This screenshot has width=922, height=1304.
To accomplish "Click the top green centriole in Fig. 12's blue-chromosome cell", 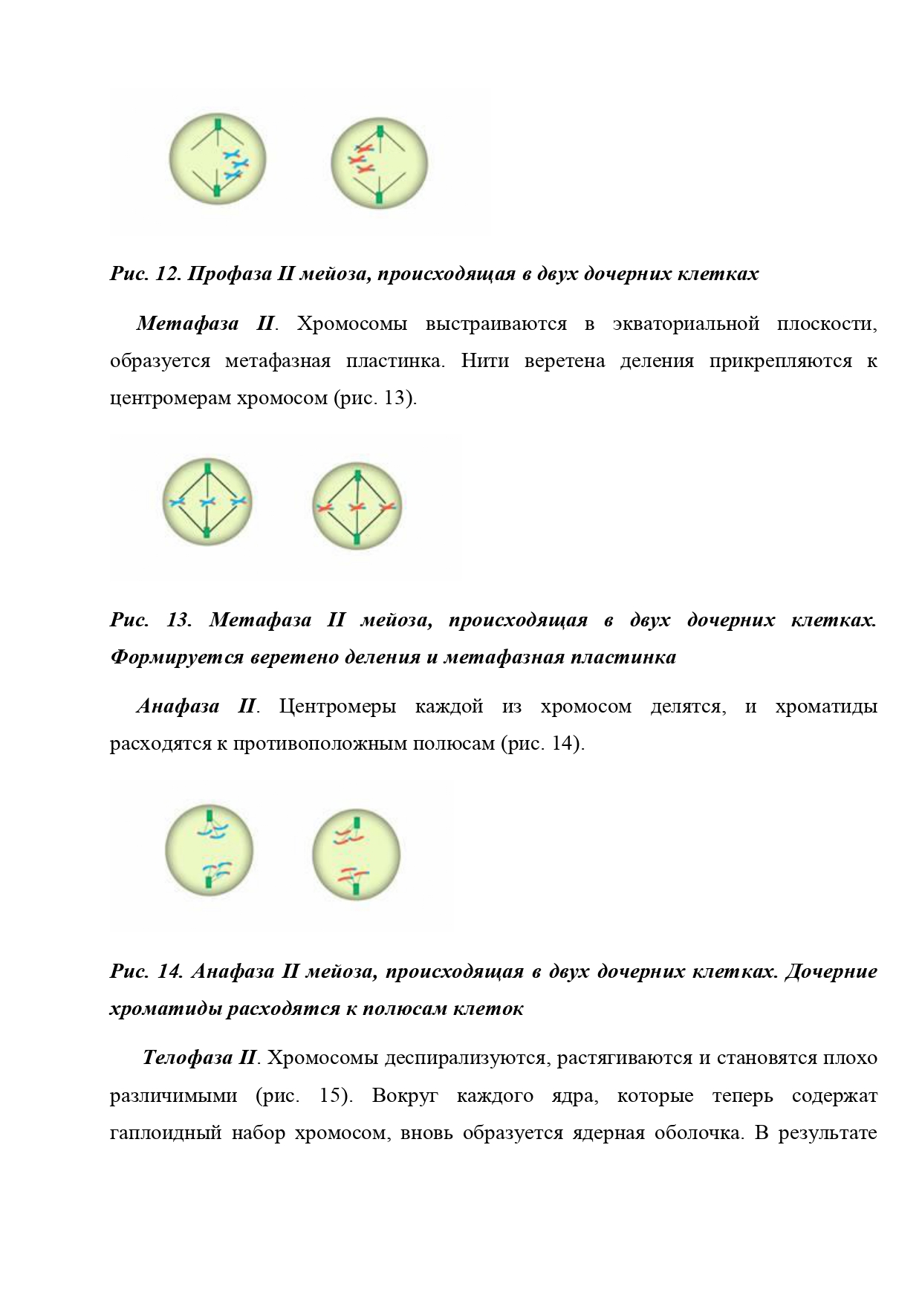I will [218, 123].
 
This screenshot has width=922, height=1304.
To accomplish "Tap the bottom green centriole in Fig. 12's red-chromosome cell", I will [379, 197].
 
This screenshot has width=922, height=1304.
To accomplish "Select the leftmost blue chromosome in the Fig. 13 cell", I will [177, 502].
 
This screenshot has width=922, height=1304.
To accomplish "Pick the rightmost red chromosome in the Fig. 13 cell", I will [388, 507].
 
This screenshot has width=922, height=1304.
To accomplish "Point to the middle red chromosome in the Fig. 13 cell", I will [357, 507].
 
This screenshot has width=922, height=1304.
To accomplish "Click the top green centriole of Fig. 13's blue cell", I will [208, 468].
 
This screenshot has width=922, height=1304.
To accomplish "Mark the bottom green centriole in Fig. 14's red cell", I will [357, 889].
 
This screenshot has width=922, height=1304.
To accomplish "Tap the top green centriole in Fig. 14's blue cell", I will [210, 816].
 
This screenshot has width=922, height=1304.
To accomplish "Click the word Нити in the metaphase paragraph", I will [484, 361].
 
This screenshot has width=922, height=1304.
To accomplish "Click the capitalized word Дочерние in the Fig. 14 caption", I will [831, 971].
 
